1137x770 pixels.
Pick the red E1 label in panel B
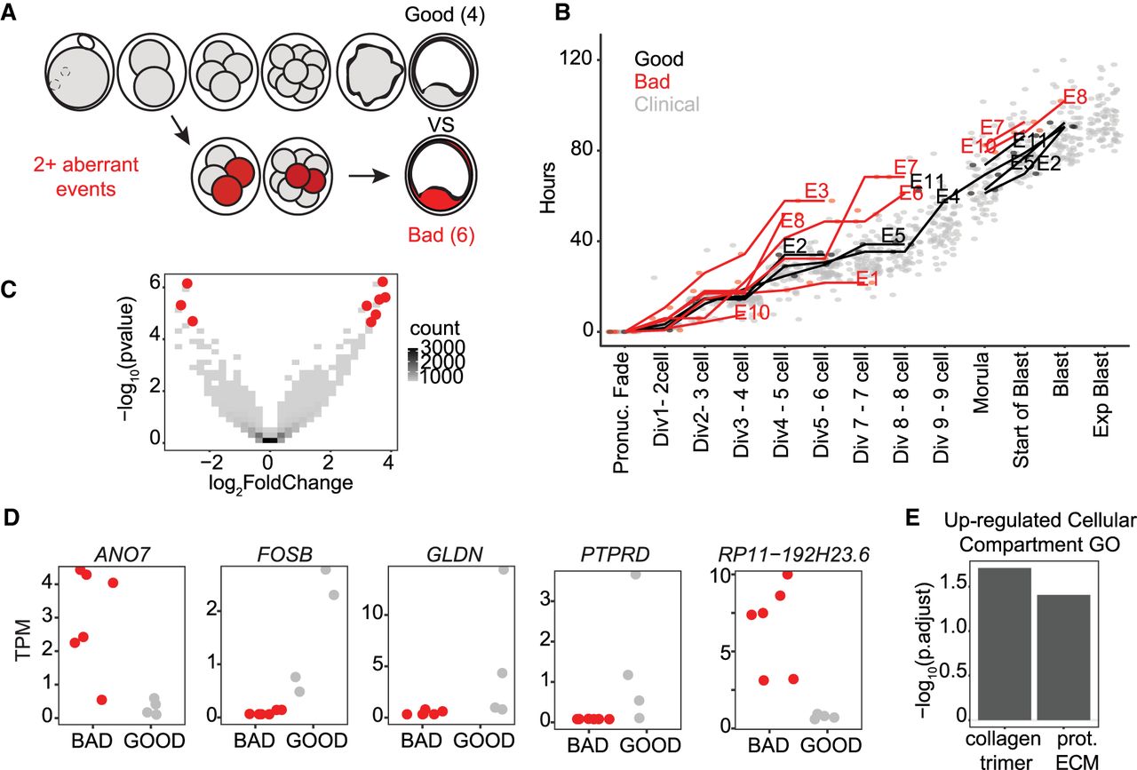868,278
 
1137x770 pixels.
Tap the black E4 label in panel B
948,196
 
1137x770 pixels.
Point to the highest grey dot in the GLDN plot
505,569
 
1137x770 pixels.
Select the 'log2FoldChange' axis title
269,483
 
